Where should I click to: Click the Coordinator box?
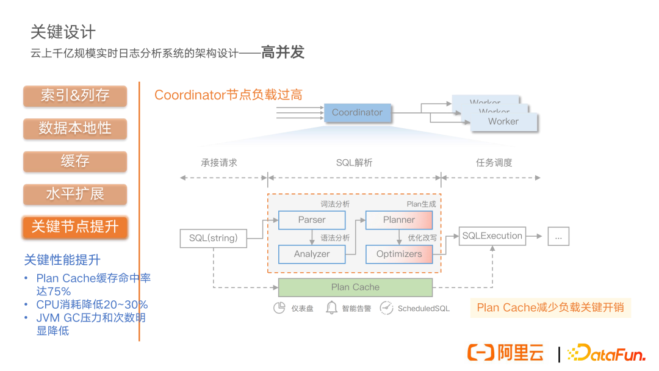tap(357, 113)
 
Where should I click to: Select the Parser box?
tap(312, 220)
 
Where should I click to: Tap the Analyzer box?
tap(312, 254)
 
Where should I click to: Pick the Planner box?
tap(399, 220)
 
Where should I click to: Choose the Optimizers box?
tap(399, 254)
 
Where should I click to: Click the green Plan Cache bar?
tap(355, 287)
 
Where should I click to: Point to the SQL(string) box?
tap(214, 239)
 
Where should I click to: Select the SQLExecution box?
tap(492, 236)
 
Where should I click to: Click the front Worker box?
tap(503, 122)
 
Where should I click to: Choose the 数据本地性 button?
tap(75, 129)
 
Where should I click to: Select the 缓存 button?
tap(75, 162)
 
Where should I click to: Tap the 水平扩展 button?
tap(75, 195)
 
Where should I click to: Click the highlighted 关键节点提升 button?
tap(75, 228)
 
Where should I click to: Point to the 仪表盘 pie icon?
tap(279, 308)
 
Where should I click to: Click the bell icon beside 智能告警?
tap(331, 308)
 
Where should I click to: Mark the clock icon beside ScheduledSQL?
tap(386, 308)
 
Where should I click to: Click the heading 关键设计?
tap(63, 32)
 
